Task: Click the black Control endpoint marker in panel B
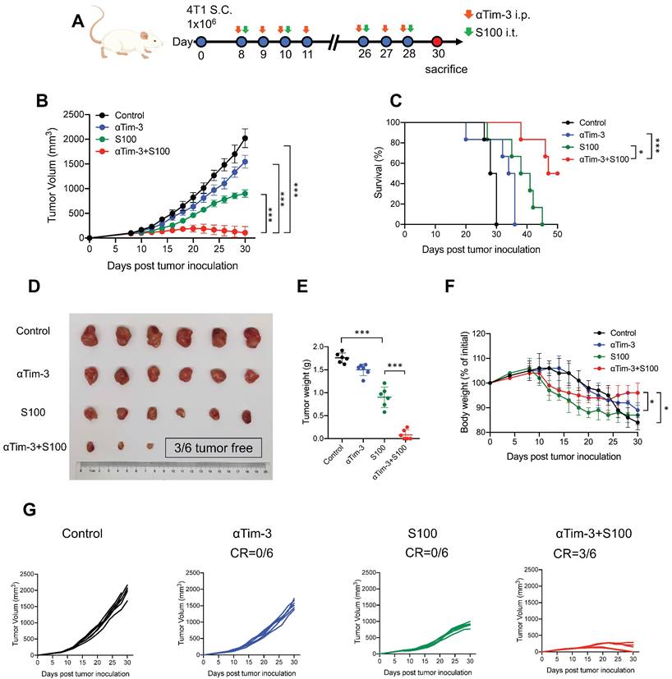(244, 139)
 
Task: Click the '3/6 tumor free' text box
(214, 447)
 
